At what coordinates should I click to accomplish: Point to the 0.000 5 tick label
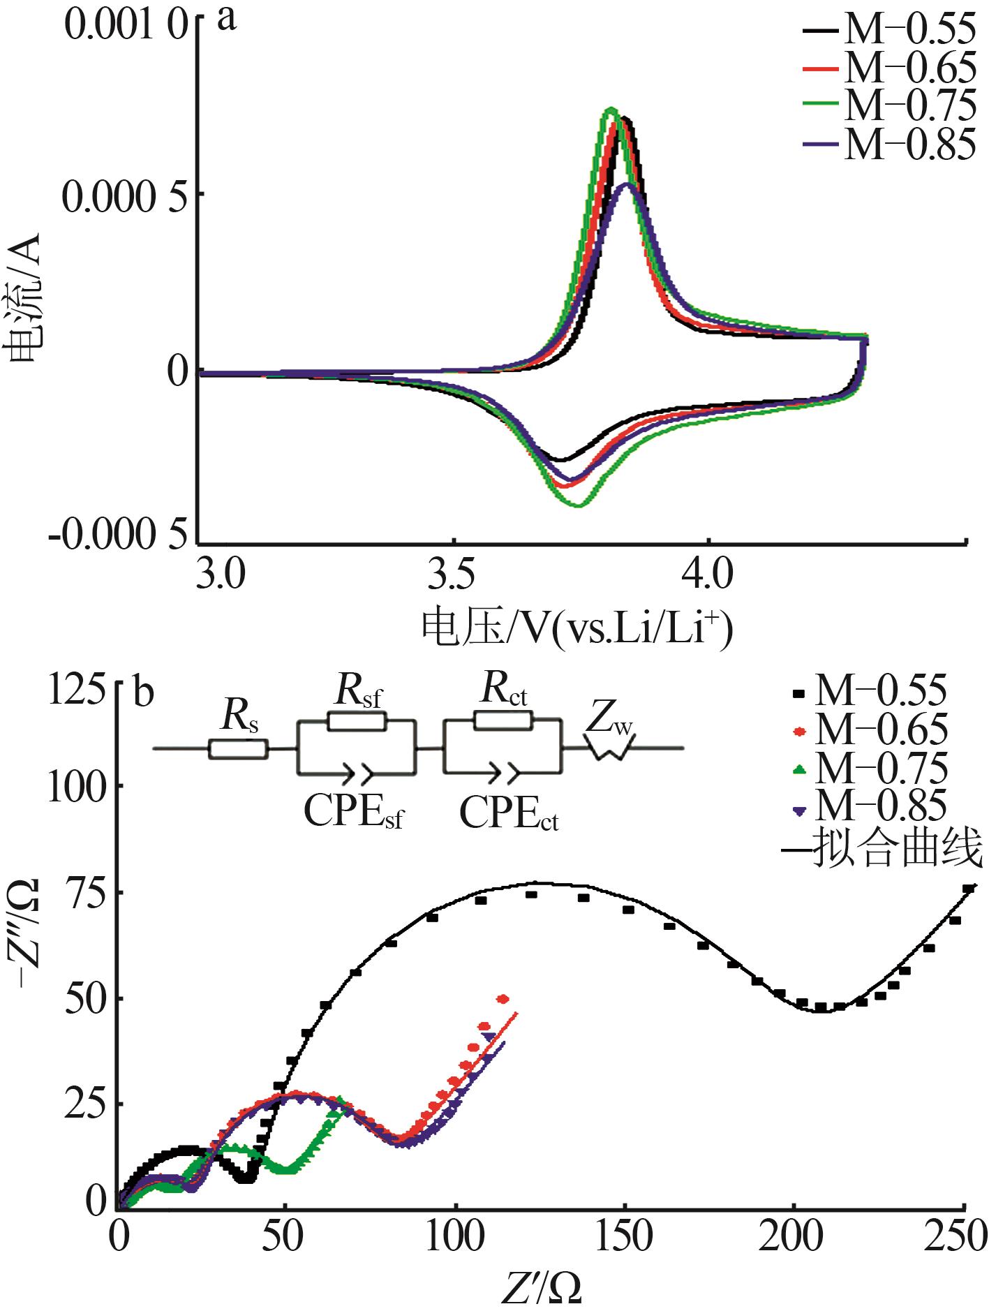click(x=126, y=196)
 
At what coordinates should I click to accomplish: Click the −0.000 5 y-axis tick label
click(x=119, y=535)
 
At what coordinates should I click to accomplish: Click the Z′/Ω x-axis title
click(x=541, y=1289)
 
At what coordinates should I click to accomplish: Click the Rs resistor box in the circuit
click(x=237, y=749)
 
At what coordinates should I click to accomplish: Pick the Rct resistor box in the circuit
click(x=503, y=720)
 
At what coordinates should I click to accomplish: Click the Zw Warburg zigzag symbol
click(x=609, y=749)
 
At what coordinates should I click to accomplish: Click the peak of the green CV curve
click(x=611, y=109)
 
